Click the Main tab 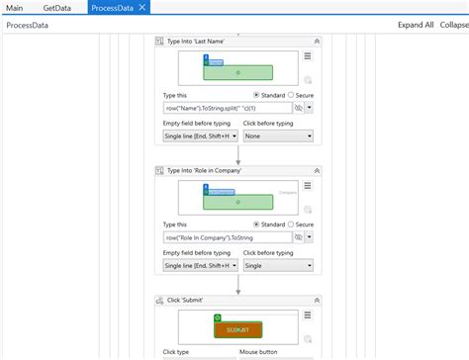pos(16,7)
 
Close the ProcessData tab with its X pos(142,7)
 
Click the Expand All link pos(416,25)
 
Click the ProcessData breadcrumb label pos(30,25)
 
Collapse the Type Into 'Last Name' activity pos(317,42)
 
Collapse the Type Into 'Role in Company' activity pos(317,170)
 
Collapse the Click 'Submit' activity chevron pos(317,299)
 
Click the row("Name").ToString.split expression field pos(227,108)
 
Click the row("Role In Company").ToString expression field pos(227,237)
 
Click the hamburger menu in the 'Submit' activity pos(308,315)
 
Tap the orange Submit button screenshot pos(237,329)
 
